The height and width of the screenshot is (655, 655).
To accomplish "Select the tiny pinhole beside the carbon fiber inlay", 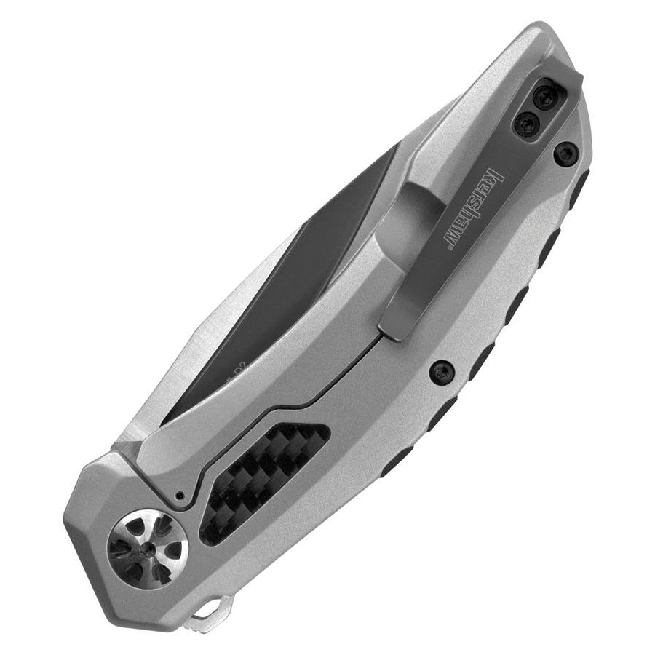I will click(180, 496).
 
